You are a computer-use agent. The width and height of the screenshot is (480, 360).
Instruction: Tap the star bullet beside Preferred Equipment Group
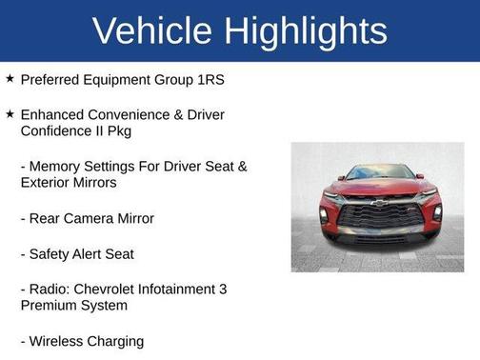click(10, 79)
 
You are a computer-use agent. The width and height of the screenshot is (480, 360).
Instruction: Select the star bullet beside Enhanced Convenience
click(10, 113)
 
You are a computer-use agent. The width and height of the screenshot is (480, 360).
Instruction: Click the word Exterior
click(48, 182)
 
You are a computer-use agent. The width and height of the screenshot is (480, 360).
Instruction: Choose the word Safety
click(52, 254)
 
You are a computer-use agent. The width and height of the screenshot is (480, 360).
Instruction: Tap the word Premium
click(51, 306)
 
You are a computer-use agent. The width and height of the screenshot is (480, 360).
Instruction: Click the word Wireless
click(58, 341)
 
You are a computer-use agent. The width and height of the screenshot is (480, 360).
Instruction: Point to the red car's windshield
click(380, 173)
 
